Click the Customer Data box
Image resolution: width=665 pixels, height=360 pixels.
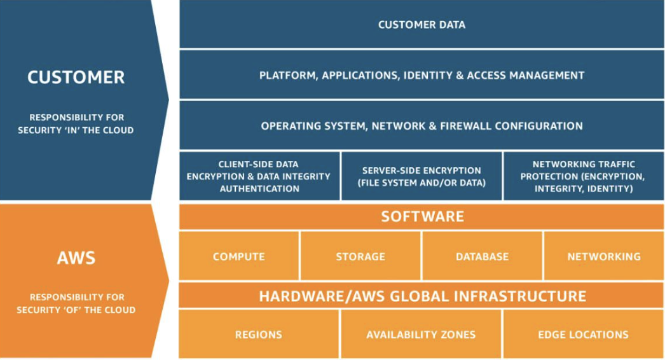coord(422,25)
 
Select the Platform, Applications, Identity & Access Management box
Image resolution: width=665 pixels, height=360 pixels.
coord(422,75)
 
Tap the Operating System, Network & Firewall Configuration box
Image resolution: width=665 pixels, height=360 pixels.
coord(422,125)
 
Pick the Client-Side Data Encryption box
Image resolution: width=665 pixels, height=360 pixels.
coord(259,176)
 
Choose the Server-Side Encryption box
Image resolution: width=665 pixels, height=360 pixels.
coord(422,176)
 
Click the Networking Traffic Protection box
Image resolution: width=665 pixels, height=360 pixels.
coord(583,176)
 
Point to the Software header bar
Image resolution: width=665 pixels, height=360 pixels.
coord(422,216)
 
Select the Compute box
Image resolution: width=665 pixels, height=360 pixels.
coord(239,256)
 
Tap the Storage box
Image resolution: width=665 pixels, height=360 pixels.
coord(360,256)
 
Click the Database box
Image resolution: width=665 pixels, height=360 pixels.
coord(482,256)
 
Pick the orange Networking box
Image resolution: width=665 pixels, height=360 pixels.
coord(604,256)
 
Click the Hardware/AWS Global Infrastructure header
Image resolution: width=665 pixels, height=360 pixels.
coord(422,296)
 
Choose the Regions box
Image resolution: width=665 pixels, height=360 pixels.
coord(259,334)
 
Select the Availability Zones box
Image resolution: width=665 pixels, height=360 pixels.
coord(421,334)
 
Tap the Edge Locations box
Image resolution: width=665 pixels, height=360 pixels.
coord(583,334)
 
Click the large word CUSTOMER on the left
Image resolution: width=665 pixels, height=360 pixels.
coord(76,78)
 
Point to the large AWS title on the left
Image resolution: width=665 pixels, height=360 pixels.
coord(76,258)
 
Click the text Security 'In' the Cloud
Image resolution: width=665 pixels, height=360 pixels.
coord(76,130)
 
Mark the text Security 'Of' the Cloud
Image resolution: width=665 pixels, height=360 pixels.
coord(76,310)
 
